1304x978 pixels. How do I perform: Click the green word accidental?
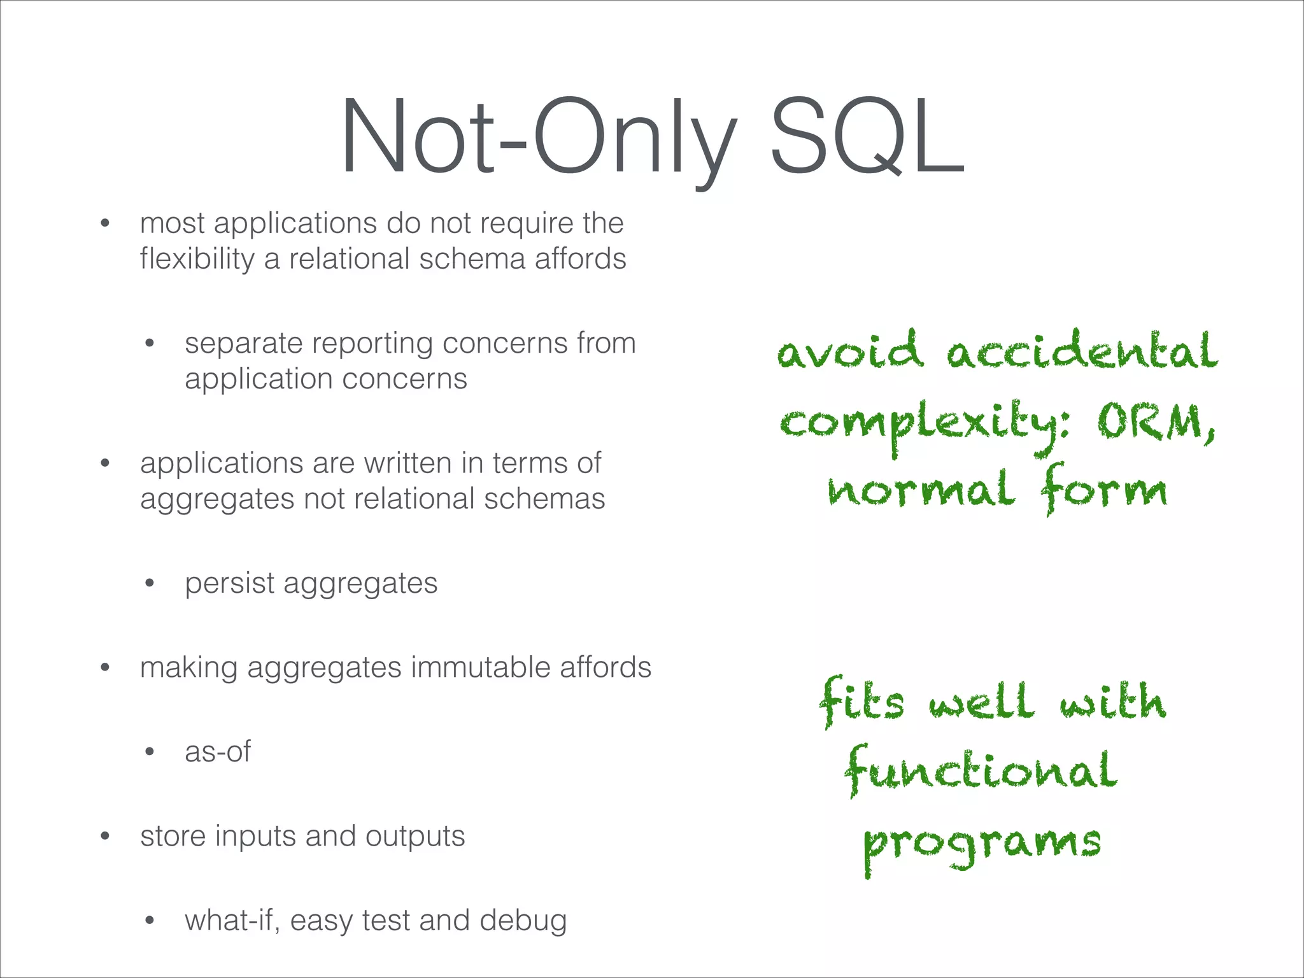point(1082,351)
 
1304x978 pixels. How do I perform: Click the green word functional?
point(981,770)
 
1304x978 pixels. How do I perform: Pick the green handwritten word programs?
point(982,844)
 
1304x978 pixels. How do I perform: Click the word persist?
point(229,583)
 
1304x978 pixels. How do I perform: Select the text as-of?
point(218,752)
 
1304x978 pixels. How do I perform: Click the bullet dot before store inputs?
point(105,837)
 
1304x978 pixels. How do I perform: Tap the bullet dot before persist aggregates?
point(150,583)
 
